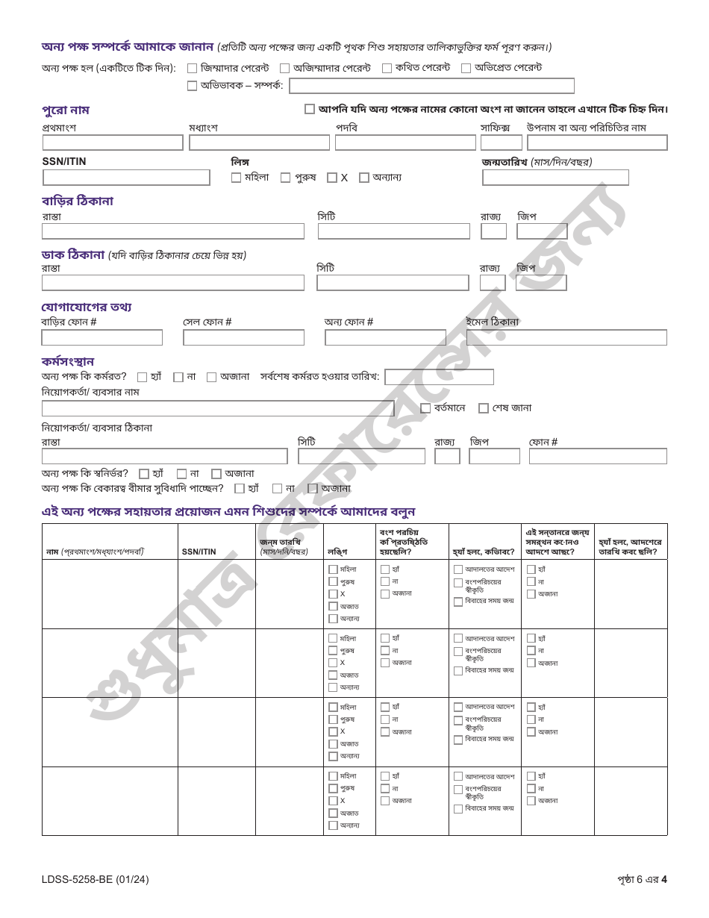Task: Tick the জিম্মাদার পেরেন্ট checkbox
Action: point(193,68)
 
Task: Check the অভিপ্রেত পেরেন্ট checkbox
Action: point(466,68)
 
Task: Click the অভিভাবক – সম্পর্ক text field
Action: point(431,86)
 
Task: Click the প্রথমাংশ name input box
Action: point(113,143)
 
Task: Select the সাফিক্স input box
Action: point(501,143)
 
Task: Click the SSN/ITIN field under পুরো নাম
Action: point(126,178)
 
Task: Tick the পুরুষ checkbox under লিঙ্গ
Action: point(286,178)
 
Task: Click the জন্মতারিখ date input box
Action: point(555,178)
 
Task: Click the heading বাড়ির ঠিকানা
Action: point(78,201)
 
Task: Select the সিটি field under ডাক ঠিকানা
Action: point(393,283)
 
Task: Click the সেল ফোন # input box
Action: point(243,337)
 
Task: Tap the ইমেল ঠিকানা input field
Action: point(566,337)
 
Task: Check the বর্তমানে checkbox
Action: point(425,408)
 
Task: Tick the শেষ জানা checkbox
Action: point(484,408)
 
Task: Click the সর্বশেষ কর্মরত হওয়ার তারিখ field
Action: point(439,377)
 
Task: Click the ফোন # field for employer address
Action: point(598,456)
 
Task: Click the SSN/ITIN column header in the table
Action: point(199,552)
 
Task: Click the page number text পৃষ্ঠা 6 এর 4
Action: point(637,879)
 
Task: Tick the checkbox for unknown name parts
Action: point(310,109)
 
